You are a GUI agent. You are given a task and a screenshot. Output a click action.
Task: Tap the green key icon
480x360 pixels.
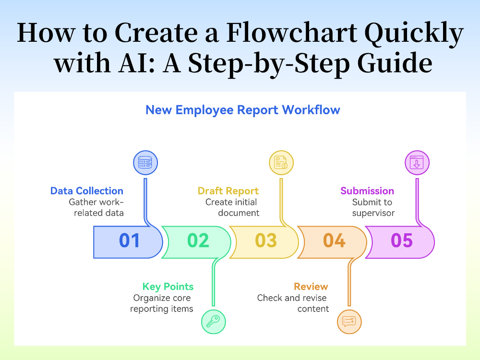click(213, 321)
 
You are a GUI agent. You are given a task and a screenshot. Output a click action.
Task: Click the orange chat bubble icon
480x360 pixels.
click(349, 321)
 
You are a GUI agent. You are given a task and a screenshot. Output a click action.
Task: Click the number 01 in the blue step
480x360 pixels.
click(130, 240)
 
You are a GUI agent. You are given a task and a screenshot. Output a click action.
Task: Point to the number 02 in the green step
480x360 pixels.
click(198, 240)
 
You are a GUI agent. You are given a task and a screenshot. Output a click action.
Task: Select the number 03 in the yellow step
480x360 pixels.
click(266, 240)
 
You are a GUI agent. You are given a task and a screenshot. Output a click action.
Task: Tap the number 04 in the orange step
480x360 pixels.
click(335, 240)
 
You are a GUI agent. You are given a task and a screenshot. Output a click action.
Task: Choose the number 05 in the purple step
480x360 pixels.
click(402, 240)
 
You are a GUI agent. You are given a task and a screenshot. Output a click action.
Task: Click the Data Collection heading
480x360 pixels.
click(87, 191)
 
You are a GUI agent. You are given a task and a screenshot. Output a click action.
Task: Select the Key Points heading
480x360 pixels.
click(168, 287)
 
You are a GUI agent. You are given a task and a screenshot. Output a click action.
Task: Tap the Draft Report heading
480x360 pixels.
click(228, 191)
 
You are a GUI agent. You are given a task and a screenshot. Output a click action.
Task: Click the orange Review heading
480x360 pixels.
click(311, 287)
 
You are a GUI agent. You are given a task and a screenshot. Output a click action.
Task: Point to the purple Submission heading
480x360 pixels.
click(367, 191)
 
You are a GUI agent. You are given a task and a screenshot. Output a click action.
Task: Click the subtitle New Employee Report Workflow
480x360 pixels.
click(243, 110)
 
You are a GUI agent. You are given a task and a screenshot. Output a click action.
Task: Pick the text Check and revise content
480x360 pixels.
click(293, 303)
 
